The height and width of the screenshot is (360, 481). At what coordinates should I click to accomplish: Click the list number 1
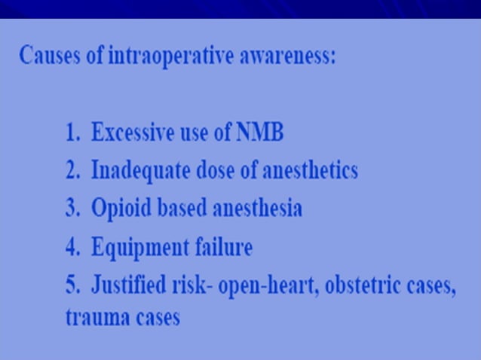[72, 133]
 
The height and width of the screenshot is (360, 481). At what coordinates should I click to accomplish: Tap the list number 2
[72, 171]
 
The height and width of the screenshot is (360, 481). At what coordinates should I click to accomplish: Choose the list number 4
[72, 247]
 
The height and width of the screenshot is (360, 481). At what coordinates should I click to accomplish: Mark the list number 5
[72, 286]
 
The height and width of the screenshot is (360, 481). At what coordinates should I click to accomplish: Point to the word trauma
[93, 317]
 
